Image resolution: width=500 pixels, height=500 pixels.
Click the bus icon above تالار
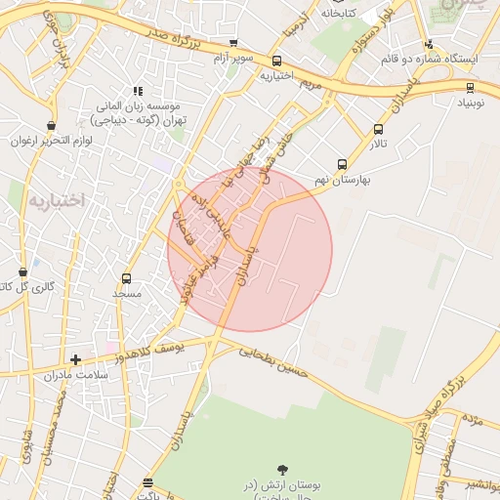coord(378,130)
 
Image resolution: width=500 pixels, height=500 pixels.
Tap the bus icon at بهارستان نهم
coord(342,164)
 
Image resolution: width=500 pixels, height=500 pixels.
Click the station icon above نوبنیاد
coord(470,88)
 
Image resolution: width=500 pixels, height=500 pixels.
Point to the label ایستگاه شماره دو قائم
coord(462,59)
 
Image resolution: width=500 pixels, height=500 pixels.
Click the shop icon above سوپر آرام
coord(232,43)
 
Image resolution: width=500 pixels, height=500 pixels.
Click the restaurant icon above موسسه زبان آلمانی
coord(138,90)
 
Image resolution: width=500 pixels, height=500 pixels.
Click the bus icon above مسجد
coord(126,278)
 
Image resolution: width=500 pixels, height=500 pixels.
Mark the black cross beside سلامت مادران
coord(75,359)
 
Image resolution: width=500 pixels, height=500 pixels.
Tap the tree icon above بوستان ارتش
coord(283,471)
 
